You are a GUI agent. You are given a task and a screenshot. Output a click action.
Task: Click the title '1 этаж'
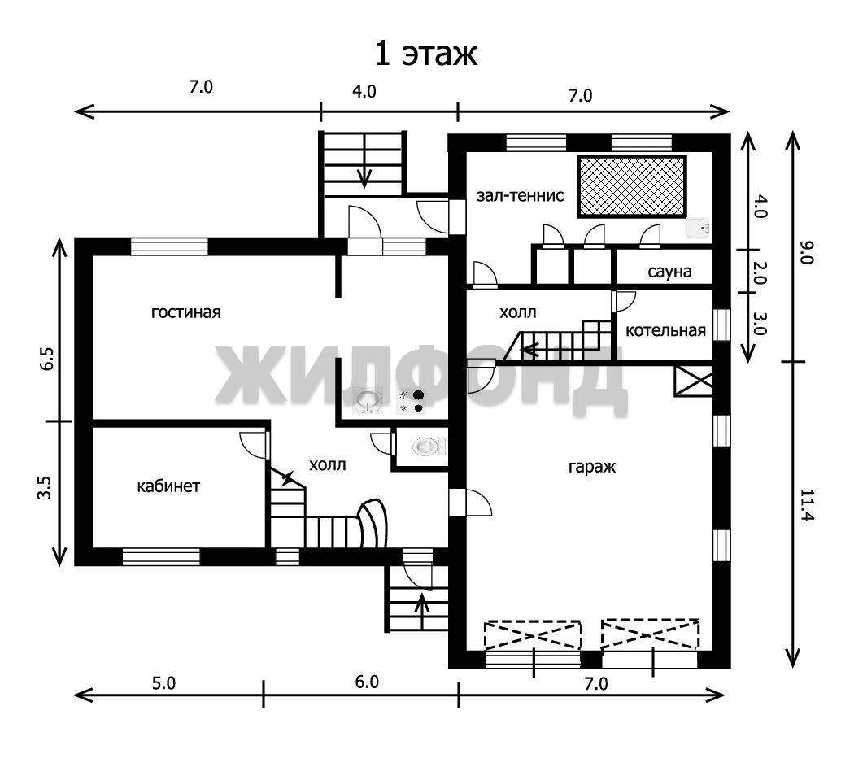425,54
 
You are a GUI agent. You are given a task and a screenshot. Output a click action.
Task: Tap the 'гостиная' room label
185,312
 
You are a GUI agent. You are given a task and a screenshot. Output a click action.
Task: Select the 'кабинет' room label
168,486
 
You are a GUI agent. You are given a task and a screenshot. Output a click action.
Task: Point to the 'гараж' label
592,467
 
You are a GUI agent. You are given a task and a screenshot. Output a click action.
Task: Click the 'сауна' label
669,272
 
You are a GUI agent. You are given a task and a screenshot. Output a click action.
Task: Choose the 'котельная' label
665,330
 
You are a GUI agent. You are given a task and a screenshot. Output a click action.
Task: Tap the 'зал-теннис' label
521,195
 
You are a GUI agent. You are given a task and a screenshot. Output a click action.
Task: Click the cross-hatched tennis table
632,186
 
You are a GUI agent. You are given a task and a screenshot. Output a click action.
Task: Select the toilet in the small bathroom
429,446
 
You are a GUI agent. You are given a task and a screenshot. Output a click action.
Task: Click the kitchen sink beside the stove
368,399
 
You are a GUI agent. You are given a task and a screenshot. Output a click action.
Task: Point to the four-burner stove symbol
412,401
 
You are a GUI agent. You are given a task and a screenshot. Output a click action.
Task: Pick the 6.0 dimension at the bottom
367,682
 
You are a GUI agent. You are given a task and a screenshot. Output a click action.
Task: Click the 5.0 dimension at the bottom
163,683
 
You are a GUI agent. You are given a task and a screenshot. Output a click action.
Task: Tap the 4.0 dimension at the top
364,92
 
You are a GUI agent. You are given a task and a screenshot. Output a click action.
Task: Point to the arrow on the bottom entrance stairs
422,610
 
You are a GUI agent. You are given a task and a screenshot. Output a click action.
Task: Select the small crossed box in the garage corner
693,381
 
